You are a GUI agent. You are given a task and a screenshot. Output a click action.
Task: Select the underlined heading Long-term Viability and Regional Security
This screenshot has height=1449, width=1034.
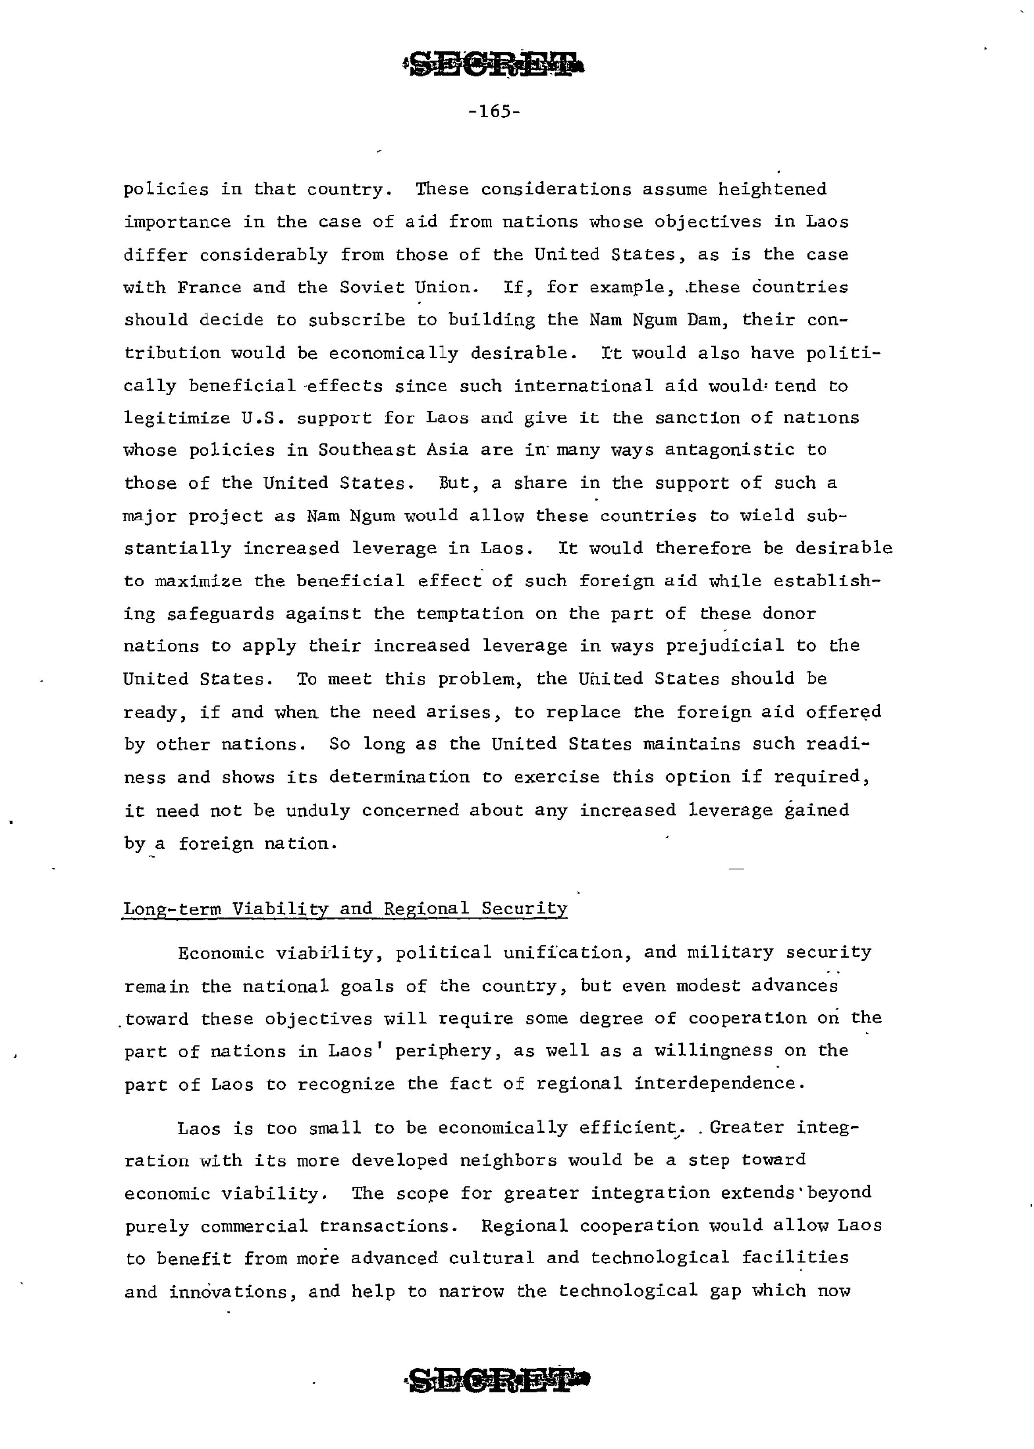pos(345,908)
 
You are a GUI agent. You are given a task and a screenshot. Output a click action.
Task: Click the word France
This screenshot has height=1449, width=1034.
pos(209,288)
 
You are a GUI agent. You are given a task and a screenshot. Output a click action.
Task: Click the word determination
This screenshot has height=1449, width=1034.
pos(399,777)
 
